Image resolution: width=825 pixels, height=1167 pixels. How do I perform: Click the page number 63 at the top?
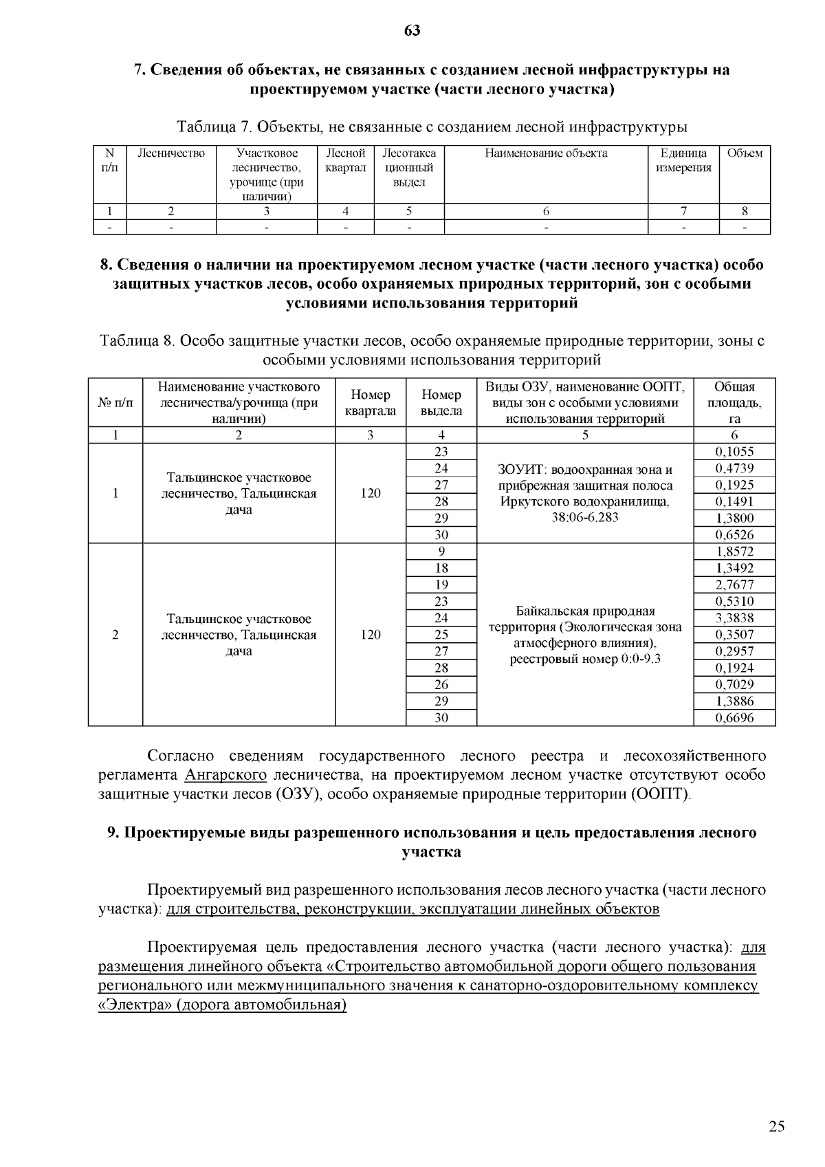pos(412,30)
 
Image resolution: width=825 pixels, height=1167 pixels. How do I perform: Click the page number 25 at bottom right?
pos(776,1126)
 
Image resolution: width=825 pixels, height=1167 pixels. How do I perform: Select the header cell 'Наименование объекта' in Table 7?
pos(546,153)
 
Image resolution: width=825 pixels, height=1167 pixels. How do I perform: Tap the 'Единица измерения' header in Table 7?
pos(683,160)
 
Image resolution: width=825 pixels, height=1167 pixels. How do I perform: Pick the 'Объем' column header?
pos(745,153)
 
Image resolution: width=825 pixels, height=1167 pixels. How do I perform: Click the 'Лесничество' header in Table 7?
pos(171,153)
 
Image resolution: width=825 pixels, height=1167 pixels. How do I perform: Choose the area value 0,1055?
pos(734,452)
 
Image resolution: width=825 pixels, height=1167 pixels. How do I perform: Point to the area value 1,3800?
pos(734,519)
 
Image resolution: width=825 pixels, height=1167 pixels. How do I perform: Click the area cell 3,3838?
pos(734,618)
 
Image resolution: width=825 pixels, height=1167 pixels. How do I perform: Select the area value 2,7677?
pos(734,585)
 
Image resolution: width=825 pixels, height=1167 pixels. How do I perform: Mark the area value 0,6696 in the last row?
pos(734,718)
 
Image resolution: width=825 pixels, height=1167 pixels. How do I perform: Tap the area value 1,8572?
pos(734,552)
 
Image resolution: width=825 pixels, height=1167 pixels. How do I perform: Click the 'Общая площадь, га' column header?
pos(734,402)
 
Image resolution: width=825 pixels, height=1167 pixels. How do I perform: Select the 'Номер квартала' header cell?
pos(371,402)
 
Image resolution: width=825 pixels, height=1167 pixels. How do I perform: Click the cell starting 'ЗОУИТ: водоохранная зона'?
pos(584,493)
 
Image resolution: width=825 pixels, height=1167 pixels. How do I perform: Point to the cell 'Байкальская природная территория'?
pos(584,635)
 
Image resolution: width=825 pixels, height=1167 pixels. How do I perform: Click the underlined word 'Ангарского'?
pos(225,775)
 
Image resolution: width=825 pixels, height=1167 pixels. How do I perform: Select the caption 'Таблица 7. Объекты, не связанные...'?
pos(432,127)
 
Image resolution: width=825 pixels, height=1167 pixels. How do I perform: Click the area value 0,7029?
pos(734,685)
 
